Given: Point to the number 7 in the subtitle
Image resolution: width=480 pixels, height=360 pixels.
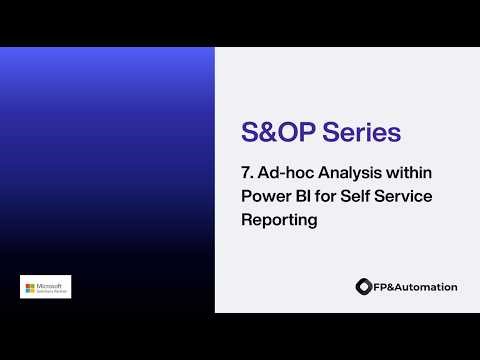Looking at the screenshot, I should click(x=247, y=173).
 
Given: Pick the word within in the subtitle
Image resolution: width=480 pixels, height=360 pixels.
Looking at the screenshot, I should click(x=408, y=173).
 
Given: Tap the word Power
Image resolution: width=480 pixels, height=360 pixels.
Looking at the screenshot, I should click(x=265, y=197).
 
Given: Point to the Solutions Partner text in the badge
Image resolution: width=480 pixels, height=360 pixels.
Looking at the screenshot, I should click(x=50, y=291).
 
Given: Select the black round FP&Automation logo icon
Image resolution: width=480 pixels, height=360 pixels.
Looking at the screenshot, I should click(x=363, y=287).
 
